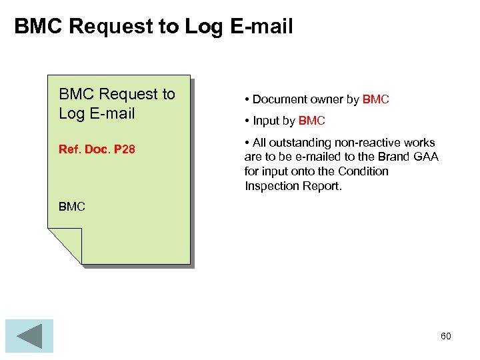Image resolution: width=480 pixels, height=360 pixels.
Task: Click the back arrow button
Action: [29, 335]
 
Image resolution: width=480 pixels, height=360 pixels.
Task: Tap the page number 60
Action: [445, 336]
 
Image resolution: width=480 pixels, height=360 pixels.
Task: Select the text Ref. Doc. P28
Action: [97, 149]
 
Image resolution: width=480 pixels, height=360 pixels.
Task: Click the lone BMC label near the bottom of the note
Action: [72, 207]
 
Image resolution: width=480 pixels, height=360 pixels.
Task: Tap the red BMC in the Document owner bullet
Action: [376, 99]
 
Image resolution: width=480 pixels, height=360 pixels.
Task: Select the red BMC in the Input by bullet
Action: [312, 121]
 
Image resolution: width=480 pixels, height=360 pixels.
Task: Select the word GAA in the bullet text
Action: [425, 157]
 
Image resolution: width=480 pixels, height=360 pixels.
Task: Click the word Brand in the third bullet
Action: [395, 157]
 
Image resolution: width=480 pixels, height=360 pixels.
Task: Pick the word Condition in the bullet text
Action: [363, 171]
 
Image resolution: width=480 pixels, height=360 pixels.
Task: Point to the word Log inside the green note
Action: [72, 113]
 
